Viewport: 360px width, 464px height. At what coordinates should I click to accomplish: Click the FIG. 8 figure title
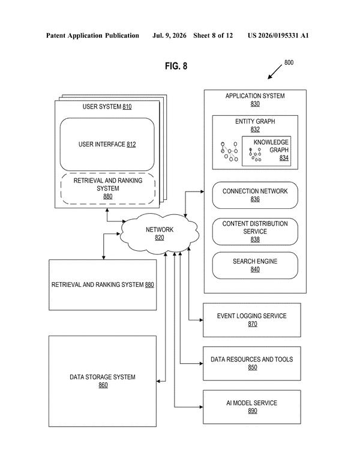(x=176, y=65)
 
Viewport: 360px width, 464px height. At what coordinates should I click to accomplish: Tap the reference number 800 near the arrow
(x=289, y=62)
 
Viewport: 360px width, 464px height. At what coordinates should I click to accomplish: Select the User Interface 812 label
(x=107, y=145)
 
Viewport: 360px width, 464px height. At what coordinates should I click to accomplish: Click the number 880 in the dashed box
(x=107, y=196)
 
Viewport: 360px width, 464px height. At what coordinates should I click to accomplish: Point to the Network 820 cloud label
(x=160, y=234)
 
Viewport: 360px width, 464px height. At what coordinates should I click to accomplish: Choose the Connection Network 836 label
(x=255, y=195)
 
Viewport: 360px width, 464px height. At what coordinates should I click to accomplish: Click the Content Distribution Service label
(x=255, y=227)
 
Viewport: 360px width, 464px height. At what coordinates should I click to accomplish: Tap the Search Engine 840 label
(x=255, y=265)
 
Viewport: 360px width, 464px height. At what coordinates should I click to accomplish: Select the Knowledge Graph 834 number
(x=284, y=158)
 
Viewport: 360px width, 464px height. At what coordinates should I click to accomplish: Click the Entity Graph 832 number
(x=255, y=129)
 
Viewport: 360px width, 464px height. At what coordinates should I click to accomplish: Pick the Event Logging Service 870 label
(x=252, y=319)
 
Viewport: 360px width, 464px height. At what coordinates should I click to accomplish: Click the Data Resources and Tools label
(x=252, y=359)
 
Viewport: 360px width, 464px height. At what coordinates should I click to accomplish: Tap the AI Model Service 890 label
(x=252, y=406)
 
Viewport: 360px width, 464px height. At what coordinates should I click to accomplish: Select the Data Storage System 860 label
(x=103, y=381)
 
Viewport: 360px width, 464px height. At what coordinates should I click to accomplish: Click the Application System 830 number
(x=255, y=104)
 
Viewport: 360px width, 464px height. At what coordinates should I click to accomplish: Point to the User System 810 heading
(x=107, y=106)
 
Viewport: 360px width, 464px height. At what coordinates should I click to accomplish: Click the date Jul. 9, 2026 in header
(x=169, y=35)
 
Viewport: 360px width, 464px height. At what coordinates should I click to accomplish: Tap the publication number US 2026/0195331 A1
(x=278, y=35)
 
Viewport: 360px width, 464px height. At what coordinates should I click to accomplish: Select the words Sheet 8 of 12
(x=213, y=35)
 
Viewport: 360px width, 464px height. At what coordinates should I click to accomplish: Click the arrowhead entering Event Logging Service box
(x=201, y=320)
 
